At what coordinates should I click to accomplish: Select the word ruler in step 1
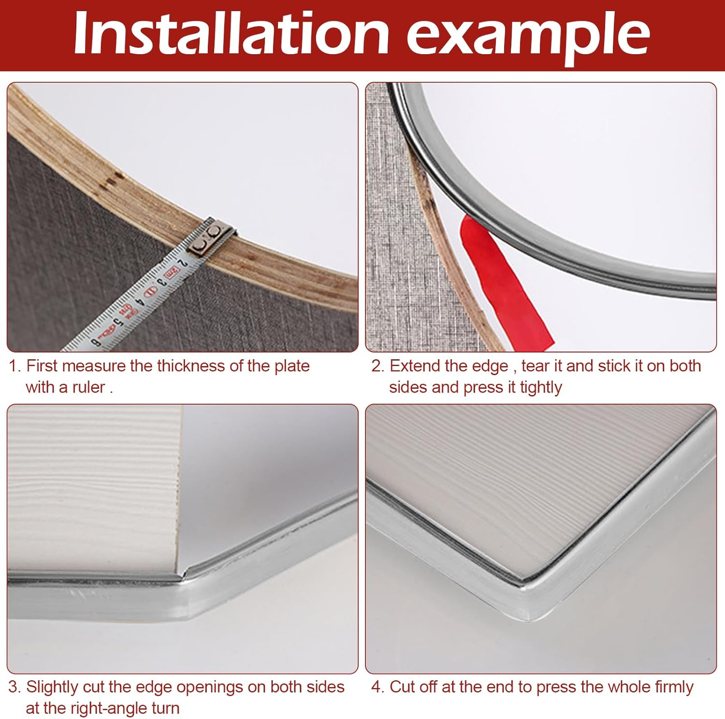click(x=88, y=387)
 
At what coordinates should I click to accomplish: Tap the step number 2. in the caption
click(x=377, y=366)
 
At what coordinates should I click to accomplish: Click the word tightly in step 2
click(x=540, y=387)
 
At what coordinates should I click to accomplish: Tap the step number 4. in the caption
click(x=377, y=687)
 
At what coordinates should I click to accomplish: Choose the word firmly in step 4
click(x=674, y=687)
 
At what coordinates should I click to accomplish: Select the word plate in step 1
click(x=291, y=366)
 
